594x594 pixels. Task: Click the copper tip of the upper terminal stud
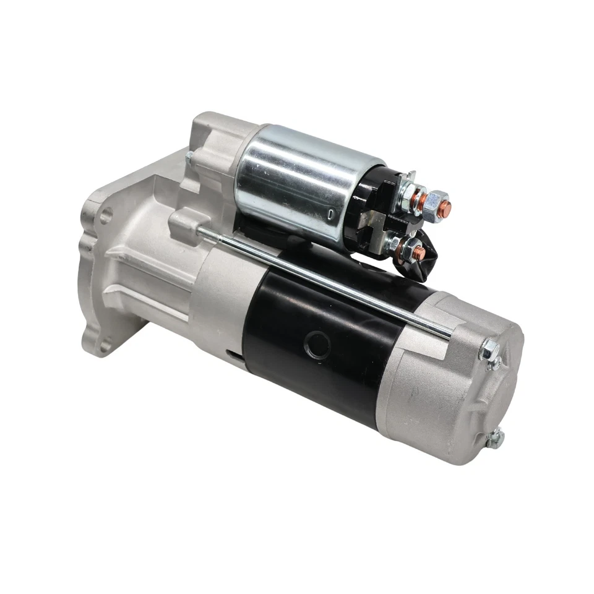[x=444, y=209]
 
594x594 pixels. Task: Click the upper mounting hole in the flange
[x=106, y=216]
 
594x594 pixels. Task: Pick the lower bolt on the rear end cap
[x=494, y=438]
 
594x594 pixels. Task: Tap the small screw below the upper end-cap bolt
[x=493, y=364]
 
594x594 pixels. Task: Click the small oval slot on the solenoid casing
[x=332, y=214]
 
